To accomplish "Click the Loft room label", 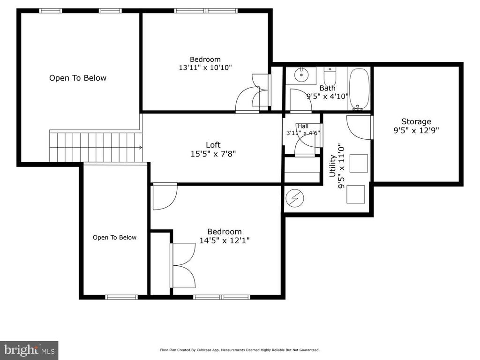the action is click(213, 145).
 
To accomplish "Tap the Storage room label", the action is click(416, 121).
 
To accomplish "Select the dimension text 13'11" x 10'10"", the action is click(205, 67).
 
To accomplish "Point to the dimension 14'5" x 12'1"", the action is click(225, 240).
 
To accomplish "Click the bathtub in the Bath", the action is click(360, 89).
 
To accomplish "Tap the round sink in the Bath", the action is click(302, 75).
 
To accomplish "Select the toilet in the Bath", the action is click(330, 76).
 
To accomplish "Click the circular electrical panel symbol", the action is click(295, 198).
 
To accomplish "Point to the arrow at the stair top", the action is click(140, 148).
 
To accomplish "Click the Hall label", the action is click(303, 126).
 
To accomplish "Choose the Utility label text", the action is click(332, 166).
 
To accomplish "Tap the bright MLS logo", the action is click(29, 350).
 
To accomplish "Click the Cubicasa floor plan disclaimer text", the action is click(240, 350).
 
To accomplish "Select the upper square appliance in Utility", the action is click(359, 164).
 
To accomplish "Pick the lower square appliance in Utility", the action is click(356, 195).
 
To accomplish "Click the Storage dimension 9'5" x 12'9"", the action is click(416, 130).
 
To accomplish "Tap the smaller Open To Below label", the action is click(114, 238).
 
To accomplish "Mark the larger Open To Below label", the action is click(78, 78).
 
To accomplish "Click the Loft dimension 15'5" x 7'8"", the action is click(213, 154).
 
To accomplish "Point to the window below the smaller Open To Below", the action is click(121, 297).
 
